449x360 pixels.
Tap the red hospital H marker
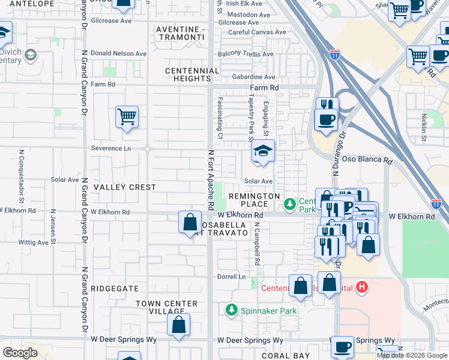[x=361, y=287]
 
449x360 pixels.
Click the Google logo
[x=20, y=353]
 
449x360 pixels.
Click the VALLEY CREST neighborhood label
[x=125, y=187]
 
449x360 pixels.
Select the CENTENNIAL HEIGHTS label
[x=192, y=76]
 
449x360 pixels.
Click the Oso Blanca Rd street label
[x=370, y=161]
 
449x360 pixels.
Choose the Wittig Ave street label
[x=33, y=243]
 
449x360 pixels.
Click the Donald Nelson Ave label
[x=118, y=53]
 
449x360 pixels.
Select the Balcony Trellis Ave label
[x=246, y=54]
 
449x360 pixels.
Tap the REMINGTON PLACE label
[x=252, y=200]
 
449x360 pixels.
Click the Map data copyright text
[x=411, y=355]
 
